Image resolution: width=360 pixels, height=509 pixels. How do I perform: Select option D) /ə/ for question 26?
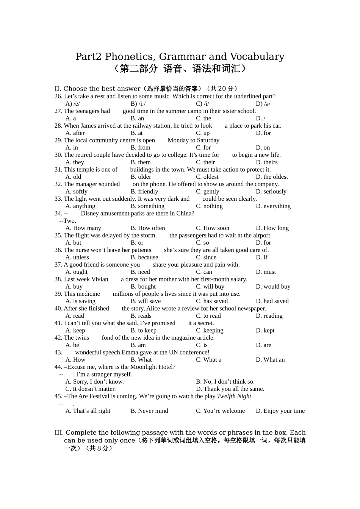tap(263, 104)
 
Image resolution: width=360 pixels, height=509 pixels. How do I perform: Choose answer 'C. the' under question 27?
tap(203, 118)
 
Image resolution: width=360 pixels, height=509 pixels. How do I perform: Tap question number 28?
tap(58, 126)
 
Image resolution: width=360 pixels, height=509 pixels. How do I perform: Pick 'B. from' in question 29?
tap(140, 148)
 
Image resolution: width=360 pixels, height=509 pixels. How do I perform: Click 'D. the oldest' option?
tap(272, 177)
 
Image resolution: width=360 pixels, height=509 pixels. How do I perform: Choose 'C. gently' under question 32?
tap(207, 192)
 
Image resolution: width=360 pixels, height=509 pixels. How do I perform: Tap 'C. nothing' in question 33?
tap(209, 206)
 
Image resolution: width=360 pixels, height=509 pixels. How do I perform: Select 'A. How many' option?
tap(83, 228)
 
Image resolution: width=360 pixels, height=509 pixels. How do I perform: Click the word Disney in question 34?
tap(90, 214)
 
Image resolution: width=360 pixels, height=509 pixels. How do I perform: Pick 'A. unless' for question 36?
tap(77, 258)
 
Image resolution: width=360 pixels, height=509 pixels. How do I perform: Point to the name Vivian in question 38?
tap(100, 279)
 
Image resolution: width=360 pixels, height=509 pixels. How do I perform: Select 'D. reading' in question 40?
tap(269, 316)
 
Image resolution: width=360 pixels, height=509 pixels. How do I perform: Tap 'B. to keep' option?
tap(143, 331)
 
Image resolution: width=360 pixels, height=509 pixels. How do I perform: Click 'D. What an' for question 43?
tap(270, 360)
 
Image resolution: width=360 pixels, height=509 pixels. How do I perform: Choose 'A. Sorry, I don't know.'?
tap(94, 382)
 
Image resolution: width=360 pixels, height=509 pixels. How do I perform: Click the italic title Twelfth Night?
tap(234, 397)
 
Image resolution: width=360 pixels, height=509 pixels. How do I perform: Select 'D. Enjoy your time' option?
tap(280, 411)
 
